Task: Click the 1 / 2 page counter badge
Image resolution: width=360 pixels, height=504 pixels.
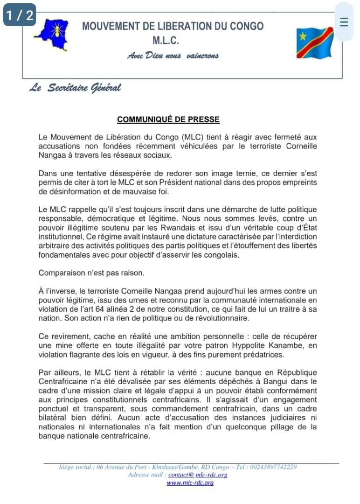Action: pos(20,15)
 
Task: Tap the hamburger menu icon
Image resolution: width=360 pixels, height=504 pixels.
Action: pos(344,22)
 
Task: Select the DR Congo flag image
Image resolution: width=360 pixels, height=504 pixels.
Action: pos(315,42)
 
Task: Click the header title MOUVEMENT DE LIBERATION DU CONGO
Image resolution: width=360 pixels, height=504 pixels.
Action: pos(173,26)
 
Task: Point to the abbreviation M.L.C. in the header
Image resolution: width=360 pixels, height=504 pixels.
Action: pos(166,41)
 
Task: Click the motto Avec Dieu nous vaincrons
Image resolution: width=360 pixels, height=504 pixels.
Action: pos(173,56)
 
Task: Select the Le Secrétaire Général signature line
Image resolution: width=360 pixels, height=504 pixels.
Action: pos(75,88)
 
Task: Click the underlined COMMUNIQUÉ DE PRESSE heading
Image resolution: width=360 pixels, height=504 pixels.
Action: pos(168,119)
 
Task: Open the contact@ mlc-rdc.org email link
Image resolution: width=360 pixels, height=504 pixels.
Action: pos(198,475)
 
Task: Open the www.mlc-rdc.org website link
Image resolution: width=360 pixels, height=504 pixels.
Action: pos(190,483)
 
